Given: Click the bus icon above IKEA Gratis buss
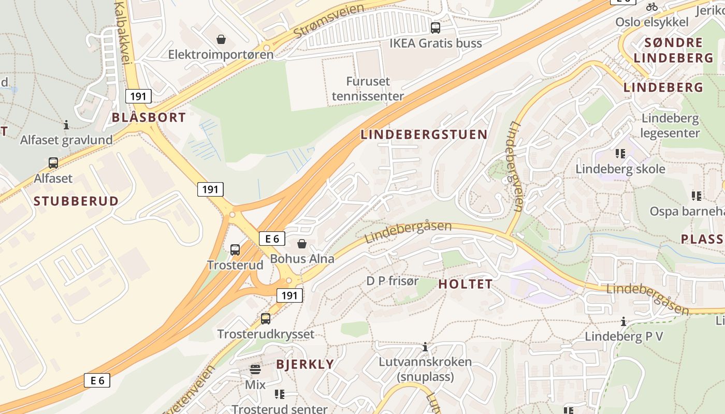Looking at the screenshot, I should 436,27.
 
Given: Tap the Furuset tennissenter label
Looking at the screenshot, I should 368,88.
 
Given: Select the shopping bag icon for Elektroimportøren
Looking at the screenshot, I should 221,39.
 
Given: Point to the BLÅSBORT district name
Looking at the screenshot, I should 149,117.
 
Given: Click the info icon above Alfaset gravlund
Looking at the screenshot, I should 66,125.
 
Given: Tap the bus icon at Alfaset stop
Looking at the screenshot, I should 53,163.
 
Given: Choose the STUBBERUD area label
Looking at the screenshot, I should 76,201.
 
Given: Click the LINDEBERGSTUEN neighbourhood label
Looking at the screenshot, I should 424,135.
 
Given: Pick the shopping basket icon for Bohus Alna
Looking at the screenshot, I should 302,244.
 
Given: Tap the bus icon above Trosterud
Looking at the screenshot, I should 235,250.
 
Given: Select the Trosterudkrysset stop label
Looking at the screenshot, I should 266,334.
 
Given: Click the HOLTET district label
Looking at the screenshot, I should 465,284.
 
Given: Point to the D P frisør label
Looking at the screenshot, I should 393,281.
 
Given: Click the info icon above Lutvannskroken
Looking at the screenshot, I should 425,347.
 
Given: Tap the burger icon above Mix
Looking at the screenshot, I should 255,369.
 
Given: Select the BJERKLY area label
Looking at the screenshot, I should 305,364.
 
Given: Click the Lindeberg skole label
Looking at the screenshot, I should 620,169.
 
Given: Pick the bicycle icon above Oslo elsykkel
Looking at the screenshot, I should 652,7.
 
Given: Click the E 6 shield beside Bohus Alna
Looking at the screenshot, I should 272,239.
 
